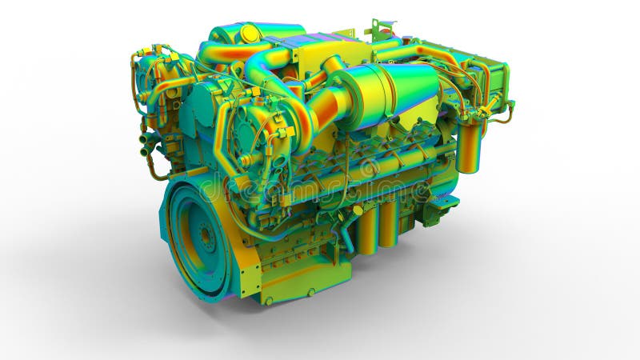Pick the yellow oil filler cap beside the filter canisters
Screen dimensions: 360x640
coord(358,210)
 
